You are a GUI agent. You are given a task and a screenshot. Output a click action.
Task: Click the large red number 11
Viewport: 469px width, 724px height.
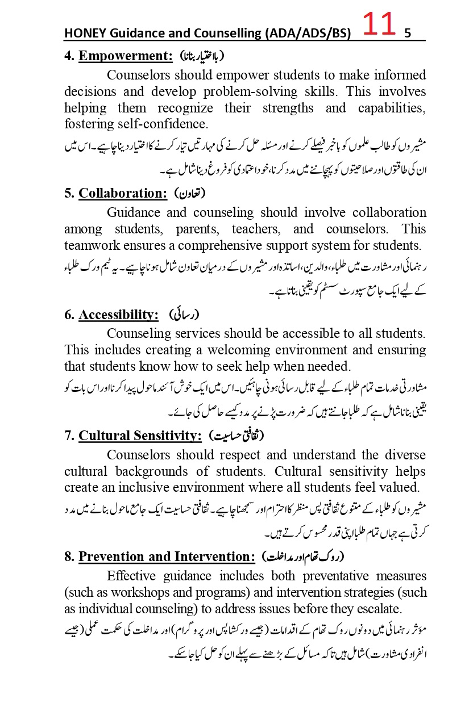point(379,26)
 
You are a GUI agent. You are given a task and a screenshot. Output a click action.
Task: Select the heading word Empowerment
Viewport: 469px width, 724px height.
point(125,56)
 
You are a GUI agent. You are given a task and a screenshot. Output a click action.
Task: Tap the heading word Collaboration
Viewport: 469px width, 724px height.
point(123,193)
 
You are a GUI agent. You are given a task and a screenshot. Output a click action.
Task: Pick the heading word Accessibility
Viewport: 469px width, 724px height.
point(118,315)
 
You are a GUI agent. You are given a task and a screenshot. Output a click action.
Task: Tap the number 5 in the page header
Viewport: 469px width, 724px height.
point(407,34)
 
